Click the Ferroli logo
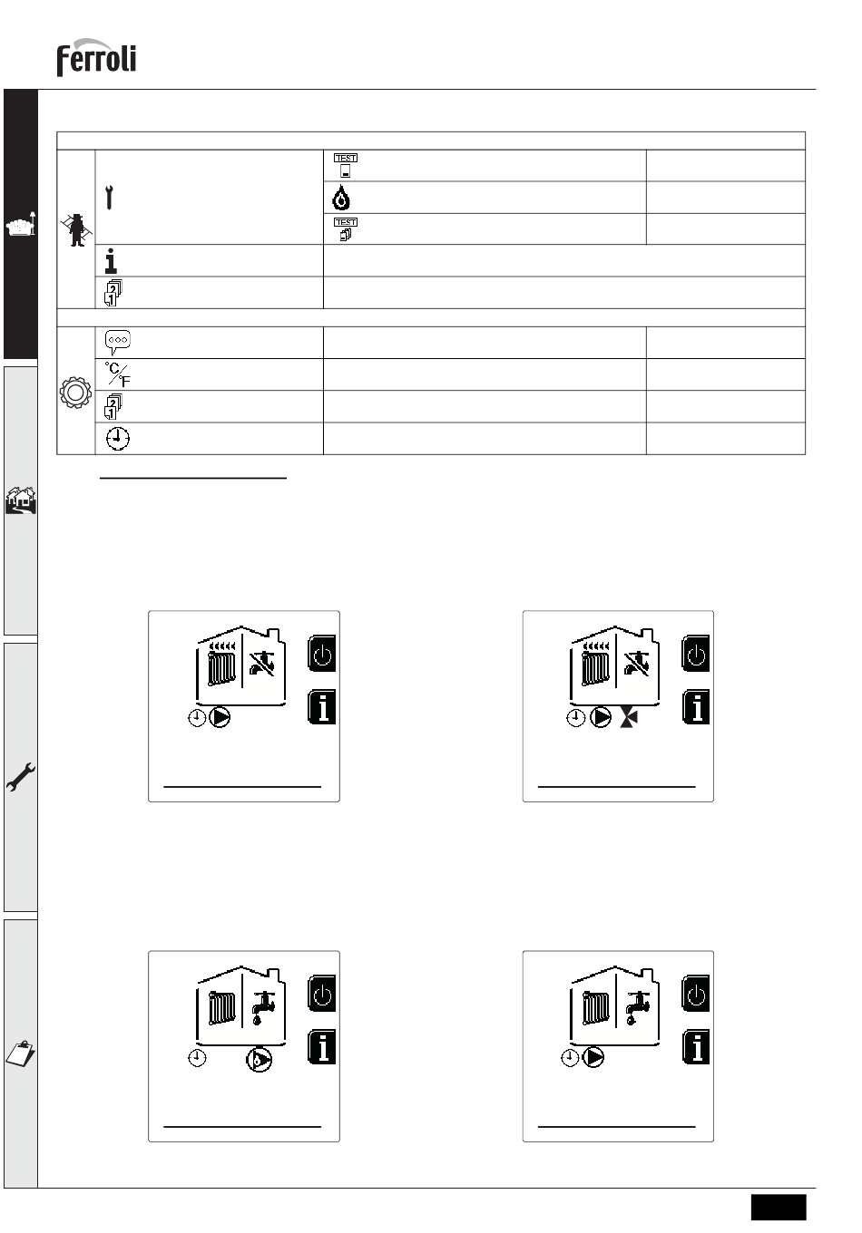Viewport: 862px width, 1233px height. (96, 57)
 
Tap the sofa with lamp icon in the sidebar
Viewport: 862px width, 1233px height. (21, 224)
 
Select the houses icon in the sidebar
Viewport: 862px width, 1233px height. (20, 500)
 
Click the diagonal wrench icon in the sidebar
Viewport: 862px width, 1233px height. (20, 777)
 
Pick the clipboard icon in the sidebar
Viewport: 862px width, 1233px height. (20, 1053)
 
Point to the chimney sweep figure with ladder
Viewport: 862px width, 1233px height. (76, 230)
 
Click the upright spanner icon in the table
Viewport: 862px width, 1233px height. (109, 198)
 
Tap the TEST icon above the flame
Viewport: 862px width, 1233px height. (346, 165)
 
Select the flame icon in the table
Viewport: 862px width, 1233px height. (341, 198)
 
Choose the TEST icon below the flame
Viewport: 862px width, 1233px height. (346, 229)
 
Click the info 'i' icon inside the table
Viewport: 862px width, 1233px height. (111, 261)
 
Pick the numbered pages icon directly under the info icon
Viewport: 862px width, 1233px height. (113, 293)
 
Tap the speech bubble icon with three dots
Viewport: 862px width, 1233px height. (117, 343)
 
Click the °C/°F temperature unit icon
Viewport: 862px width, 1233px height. (117, 374)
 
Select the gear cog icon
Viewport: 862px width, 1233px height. (75, 393)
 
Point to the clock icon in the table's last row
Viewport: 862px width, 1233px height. (117, 439)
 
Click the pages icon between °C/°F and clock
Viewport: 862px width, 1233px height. (113, 407)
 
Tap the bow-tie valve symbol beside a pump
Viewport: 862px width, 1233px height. (629, 718)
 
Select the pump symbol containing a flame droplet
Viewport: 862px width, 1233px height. (259, 1059)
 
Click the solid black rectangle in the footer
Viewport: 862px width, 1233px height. (779, 1207)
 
